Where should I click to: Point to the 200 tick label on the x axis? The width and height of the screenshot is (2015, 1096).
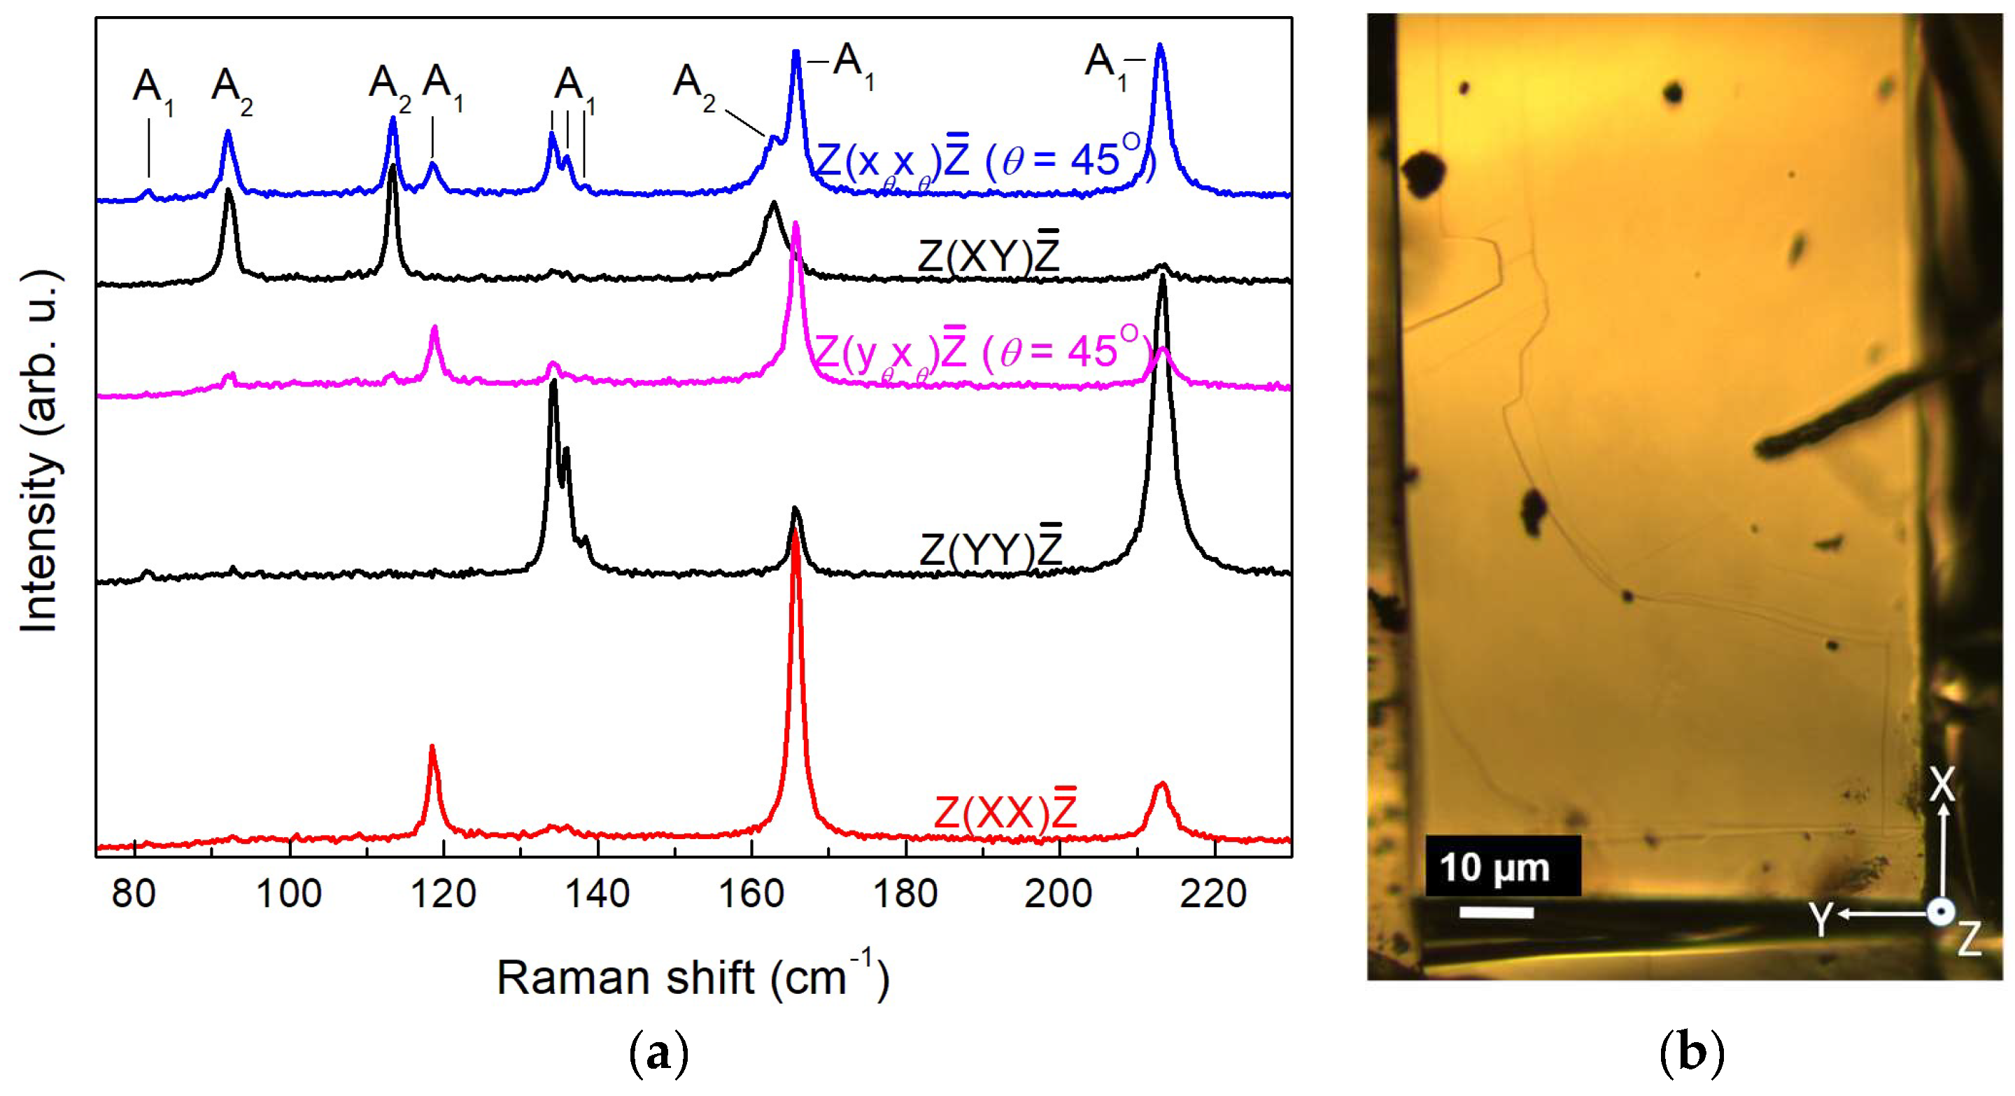(x=1059, y=893)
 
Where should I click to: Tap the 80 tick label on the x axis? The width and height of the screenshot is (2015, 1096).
(x=134, y=893)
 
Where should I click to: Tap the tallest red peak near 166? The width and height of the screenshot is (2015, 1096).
(x=796, y=536)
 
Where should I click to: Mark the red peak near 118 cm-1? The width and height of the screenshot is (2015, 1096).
(x=432, y=750)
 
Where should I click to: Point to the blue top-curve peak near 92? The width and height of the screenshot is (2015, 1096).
(x=227, y=134)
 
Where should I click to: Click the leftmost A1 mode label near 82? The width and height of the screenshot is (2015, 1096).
(x=153, y=90)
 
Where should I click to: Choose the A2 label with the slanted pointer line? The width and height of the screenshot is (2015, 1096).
(x=693, y=86)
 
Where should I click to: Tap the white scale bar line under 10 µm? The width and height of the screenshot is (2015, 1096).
(x=1496, y=912)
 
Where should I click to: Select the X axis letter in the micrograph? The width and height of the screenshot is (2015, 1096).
(x=1942, y=784)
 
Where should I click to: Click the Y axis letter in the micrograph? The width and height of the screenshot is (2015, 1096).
(x=1821, y=919)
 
